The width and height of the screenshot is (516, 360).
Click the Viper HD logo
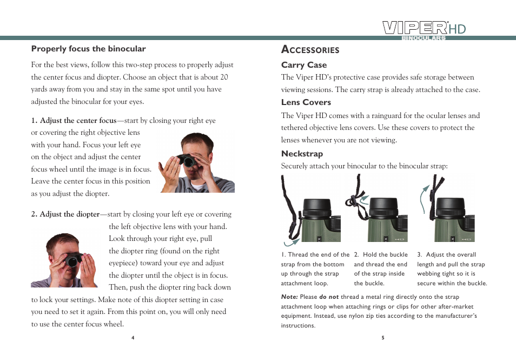coord(424,29)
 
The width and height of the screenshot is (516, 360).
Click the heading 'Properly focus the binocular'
coord(88,49)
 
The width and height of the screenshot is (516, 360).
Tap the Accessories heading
coord(310,50)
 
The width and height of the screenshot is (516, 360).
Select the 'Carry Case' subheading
coord(303,65)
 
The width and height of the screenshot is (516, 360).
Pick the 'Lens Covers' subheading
coord(306,102)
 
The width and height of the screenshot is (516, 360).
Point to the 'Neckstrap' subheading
coord(302,154)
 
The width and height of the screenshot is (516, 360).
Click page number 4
coord(133,338)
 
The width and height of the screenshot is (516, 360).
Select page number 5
coord(382,338)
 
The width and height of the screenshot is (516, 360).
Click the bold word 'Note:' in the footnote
coord(289,297)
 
